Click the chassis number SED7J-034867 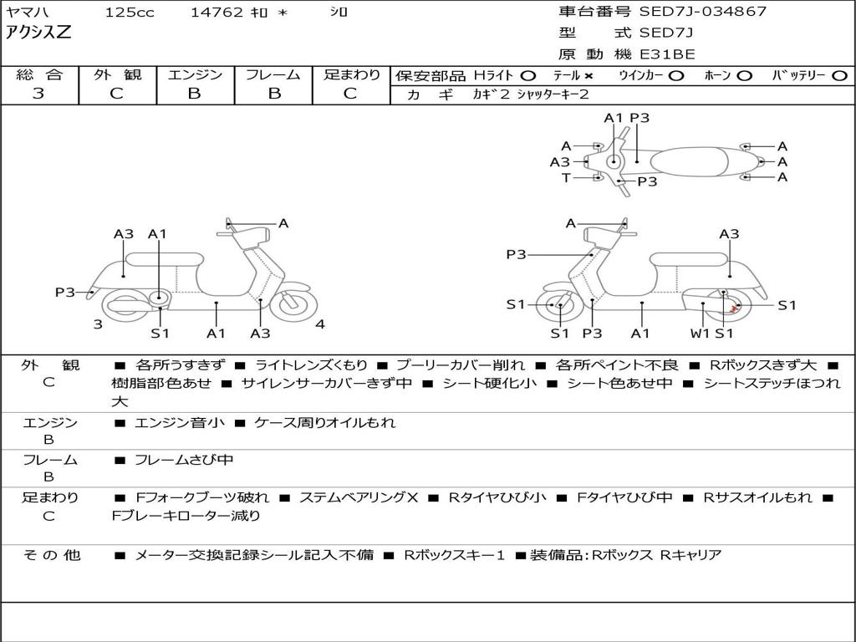tap(702, 12)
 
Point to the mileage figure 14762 tap(217, 13)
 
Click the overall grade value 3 tap(38, 94)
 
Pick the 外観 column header tap(117, 74)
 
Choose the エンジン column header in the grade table tap(195, 74)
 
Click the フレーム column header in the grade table tap(273, 74)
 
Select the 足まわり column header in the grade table tap(351, 74)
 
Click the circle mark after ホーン tap(745, 75)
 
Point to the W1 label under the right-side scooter tap(700, 334)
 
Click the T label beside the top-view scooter tap(566, 177)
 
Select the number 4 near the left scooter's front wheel tap(320, 324)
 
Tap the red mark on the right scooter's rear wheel tap(733, 309)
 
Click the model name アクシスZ tap(39, 33)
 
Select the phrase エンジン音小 tap(180, 423)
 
